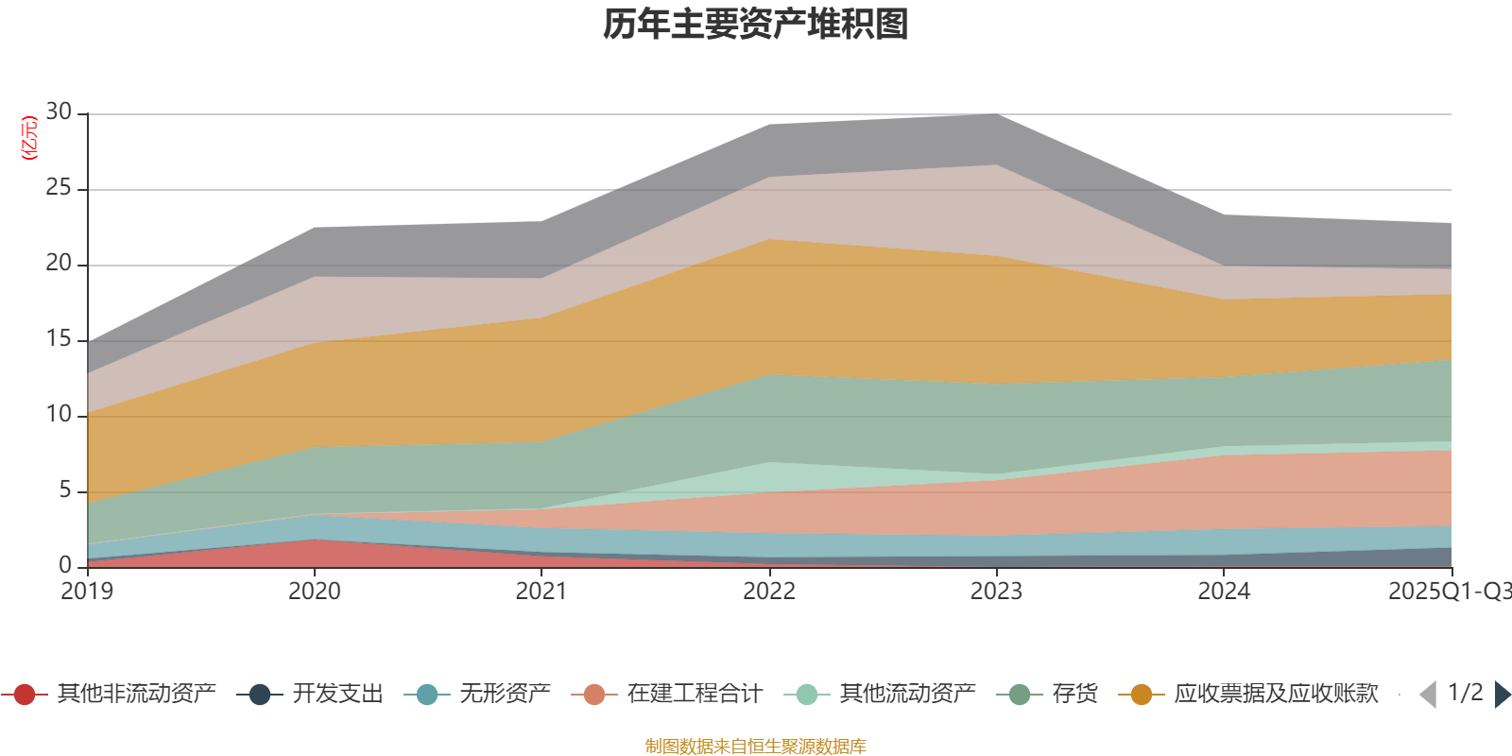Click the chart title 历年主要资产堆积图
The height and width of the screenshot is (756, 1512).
tap(756, 25)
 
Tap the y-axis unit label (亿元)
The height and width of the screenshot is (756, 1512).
tap(29, 138)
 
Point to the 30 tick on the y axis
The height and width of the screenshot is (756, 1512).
tap(59, 112)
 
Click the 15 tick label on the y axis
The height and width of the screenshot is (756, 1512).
tap(59, 339)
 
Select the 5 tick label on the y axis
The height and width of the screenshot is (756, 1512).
tap(64, 490)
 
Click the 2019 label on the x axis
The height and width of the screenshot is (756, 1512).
tap(87, 592)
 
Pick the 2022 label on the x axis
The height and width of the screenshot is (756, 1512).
tap(768, 592)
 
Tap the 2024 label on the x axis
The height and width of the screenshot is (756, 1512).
tap(1224, 592)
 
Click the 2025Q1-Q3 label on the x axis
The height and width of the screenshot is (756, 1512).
tap(1448, 592)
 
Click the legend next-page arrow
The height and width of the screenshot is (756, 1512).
tap(1502, 695)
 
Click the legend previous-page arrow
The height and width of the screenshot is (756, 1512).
tap(1428, 695)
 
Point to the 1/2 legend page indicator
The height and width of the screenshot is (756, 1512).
tap(1465, 693)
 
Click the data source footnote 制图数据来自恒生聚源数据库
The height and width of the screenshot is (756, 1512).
tap(756, 747)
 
